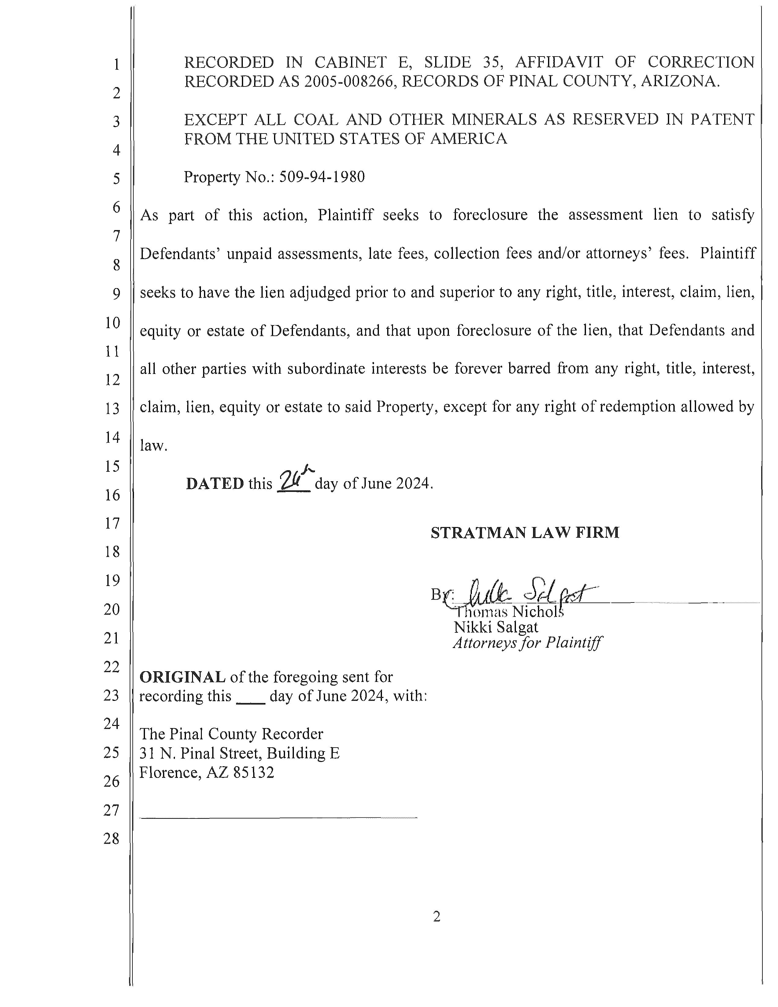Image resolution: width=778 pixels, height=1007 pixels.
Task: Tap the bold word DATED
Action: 215,484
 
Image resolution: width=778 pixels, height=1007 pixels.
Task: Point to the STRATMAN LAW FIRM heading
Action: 525,533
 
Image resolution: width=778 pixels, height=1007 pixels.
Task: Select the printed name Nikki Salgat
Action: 496,627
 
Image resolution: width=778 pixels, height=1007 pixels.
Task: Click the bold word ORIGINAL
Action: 182,677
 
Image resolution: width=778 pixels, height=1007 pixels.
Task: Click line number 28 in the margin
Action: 112,838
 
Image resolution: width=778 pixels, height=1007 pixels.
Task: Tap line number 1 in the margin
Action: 116,64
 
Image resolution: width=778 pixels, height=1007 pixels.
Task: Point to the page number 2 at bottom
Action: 436,917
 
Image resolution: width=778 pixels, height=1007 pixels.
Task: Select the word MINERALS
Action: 494,119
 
